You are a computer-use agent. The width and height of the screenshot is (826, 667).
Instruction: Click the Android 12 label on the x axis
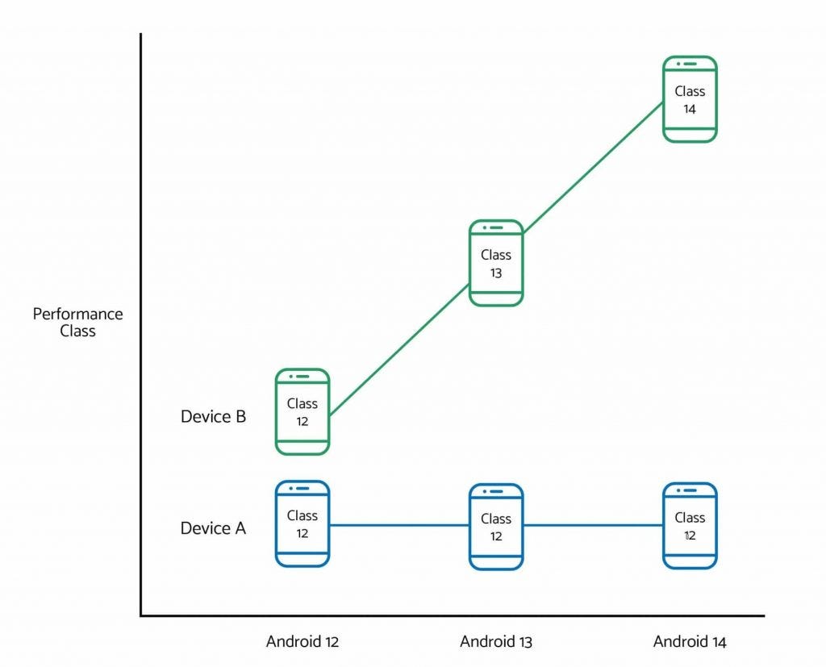pyautogui.click(x=302, y=642)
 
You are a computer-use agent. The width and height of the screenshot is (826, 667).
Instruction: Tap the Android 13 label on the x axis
pyautogui.click(x=496, y=642)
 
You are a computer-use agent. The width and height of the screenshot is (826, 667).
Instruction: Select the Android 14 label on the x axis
pyautogui.click(x=690, y=642)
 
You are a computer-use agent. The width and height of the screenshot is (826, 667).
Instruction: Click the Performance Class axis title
pyautogui.click(x=77, y=323)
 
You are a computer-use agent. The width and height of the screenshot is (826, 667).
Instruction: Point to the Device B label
pyautogui.click(x=213, y=417)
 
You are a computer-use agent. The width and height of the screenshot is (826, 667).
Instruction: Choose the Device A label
pyautogui.click(x=213, y=528)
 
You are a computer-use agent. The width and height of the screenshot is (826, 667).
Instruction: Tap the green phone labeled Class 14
pyautogui.click(x=690, y=99)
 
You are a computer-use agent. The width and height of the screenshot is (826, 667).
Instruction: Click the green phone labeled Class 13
pyautogui.click(x=496, y=263)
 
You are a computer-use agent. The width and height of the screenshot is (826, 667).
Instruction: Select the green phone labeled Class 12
pyautogui.click(x=302, y=411)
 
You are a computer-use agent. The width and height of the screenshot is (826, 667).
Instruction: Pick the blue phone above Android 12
pyautogui.click(x=302, y=523)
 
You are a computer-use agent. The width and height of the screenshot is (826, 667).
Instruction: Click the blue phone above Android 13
pyautogui.click(x=496, y=527)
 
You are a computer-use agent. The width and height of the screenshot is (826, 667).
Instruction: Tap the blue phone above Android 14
pyautogui.click(x=690, y=526)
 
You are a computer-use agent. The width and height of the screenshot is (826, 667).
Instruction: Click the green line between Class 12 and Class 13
pyautogui.click(x=399, y=350)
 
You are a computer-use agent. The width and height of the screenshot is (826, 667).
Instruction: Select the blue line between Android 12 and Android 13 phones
pyautogui.click(x=399, y=526)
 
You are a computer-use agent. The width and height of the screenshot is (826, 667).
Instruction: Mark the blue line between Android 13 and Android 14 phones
pyautogui.click(x=593, y=526)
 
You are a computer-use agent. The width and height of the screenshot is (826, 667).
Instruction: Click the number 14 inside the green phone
pyautogui.click(x=690, y=109)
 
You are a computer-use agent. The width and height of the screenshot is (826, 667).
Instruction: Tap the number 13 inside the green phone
pyautogui.click(x=496, y=273)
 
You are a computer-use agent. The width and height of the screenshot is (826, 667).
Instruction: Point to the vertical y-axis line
pyautogui.click(x=141, y=323)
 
